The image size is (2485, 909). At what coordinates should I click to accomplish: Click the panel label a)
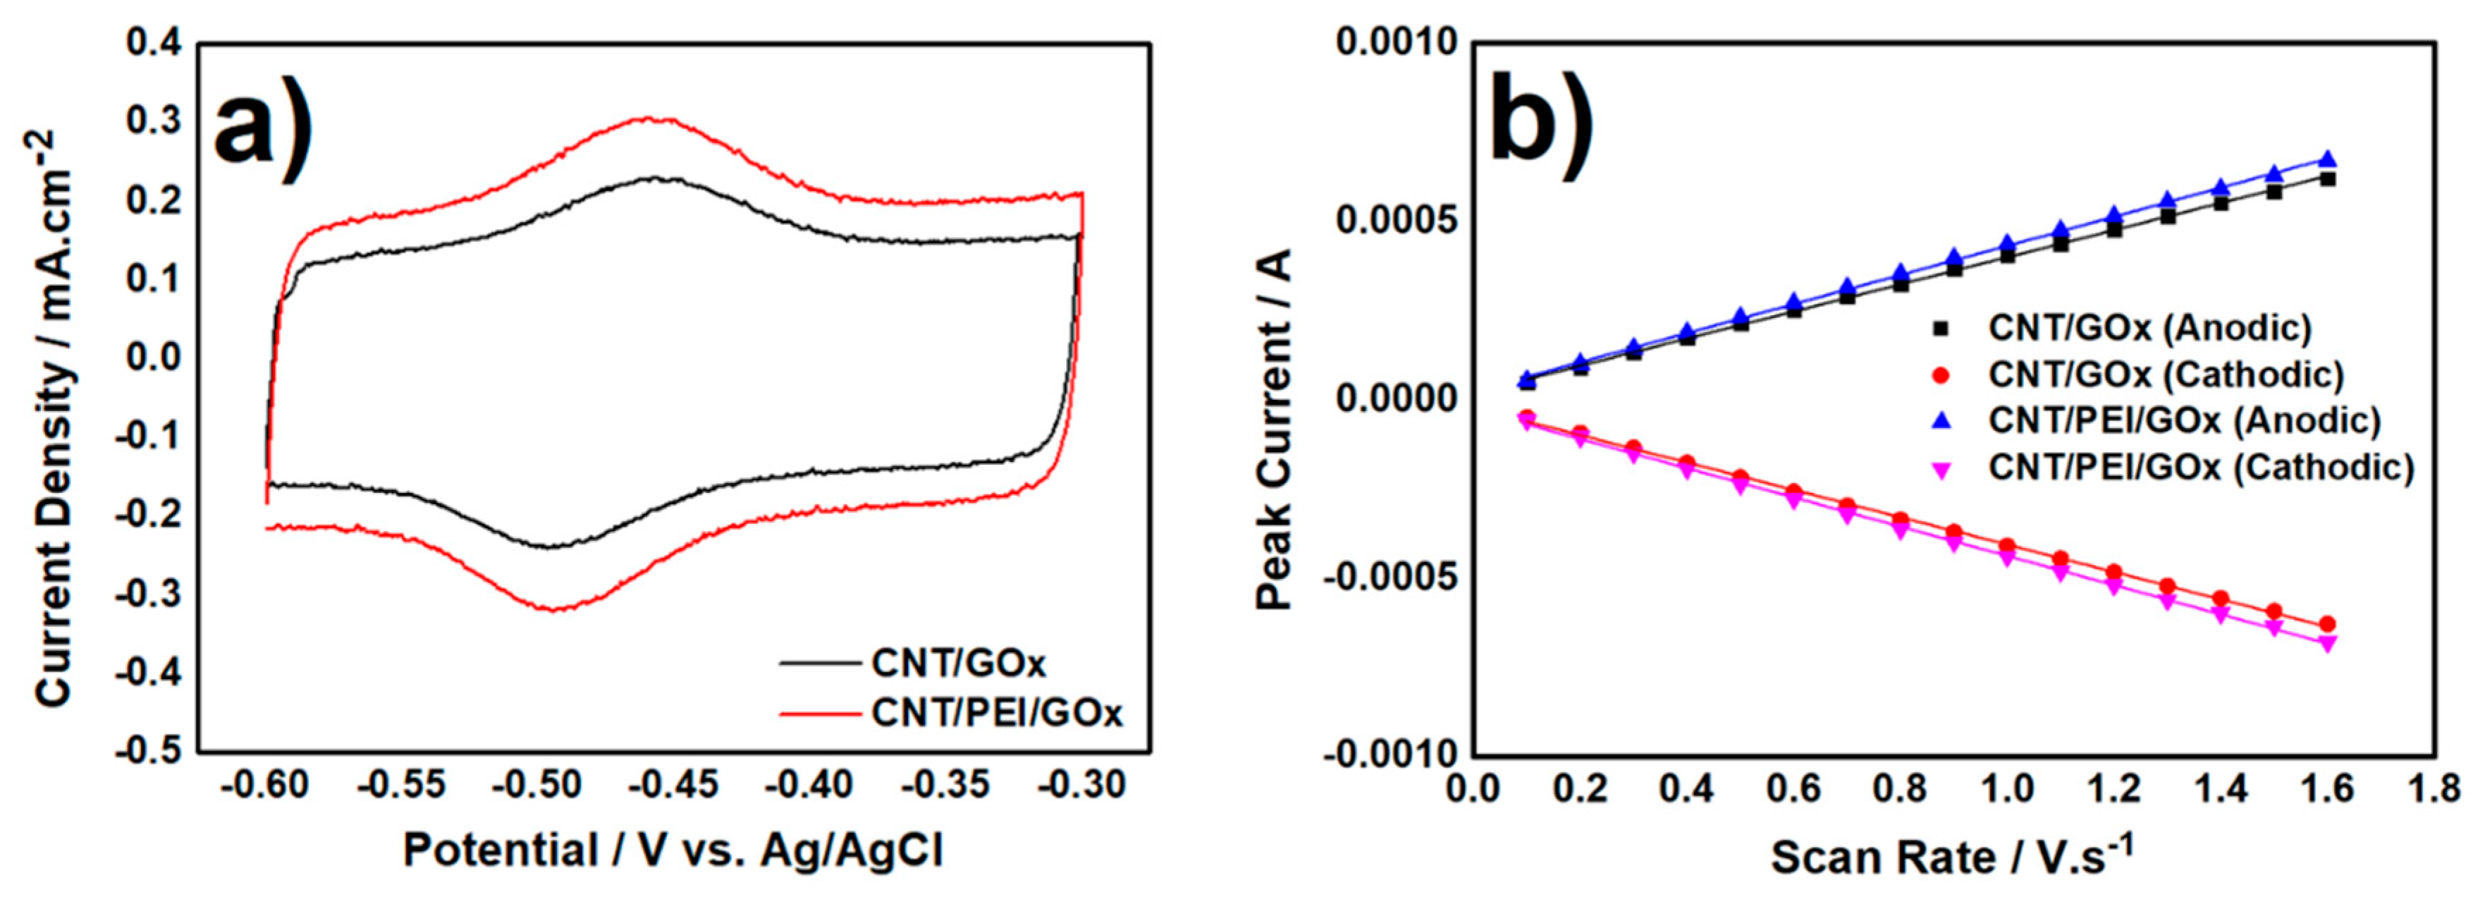coord(262,130)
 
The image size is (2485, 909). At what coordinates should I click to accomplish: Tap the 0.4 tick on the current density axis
coord(154,44)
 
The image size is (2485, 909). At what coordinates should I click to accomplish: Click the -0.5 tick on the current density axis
coord(147,751)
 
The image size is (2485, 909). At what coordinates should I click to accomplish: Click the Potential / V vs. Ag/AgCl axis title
coord(673,851)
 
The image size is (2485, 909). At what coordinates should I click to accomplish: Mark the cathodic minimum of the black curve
coord(550,547)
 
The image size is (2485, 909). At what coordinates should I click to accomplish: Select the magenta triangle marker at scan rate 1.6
coord(2327,644)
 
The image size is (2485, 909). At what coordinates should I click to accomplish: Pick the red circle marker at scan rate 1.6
coord(2327,624)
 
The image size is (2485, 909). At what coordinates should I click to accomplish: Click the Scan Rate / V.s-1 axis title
coord(1951,855)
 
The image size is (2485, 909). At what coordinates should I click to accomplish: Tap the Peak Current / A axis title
coord(1273,429)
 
